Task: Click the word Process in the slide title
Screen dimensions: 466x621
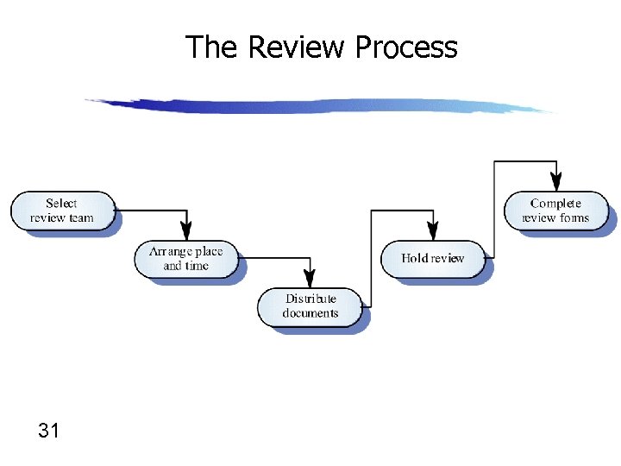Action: click(405, 47)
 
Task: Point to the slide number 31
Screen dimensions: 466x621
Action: click(49, 429)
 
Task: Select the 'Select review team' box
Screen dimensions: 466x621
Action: click(62, 211)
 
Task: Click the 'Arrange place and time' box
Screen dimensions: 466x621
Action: click(185, 259)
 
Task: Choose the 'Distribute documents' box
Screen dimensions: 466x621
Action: click(310, 306)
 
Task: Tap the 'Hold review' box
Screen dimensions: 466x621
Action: click(433, 258)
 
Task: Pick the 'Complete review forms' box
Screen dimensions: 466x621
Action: click(555, 211)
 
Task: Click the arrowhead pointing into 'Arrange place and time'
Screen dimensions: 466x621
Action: click(185, 232)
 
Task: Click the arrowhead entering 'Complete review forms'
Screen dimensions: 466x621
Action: click(556, 183)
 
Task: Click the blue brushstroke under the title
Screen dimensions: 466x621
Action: click(319, 106)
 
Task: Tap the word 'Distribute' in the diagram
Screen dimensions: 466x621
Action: click(310, 299)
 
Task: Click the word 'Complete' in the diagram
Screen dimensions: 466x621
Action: click(555, 204)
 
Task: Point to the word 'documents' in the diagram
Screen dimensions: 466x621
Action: click(310, 313)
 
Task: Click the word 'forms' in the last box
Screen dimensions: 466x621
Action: click(574, 217)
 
